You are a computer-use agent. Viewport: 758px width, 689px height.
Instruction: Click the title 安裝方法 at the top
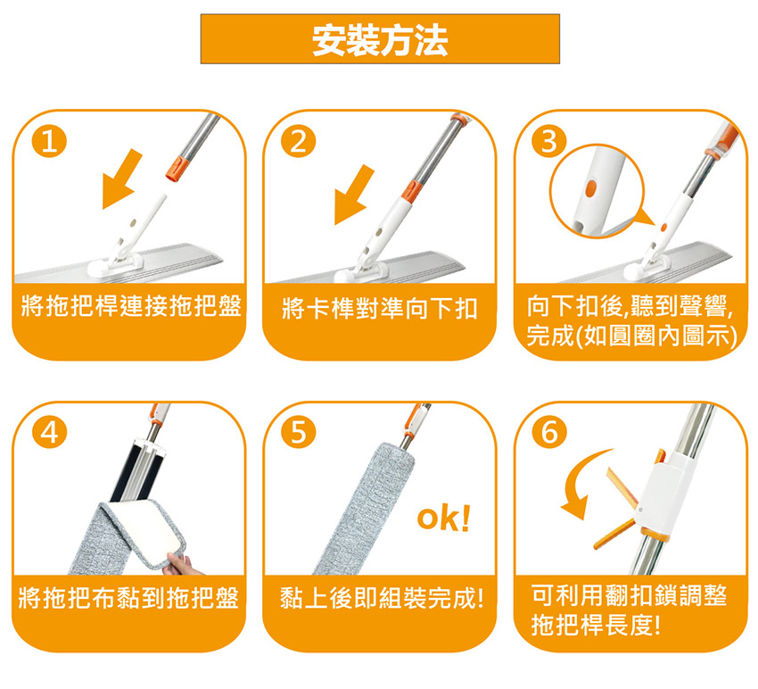(380, 40)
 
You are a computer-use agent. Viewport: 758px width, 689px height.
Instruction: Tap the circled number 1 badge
(49, 142)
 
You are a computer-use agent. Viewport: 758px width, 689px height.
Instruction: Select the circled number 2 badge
(300, 142)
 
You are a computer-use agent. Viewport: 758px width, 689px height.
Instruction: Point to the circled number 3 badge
(549, 142)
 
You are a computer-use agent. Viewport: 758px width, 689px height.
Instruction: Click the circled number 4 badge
(49, 432)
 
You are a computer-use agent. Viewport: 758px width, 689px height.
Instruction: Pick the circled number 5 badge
(300, 432)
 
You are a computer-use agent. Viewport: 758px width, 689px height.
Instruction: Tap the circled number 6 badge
(549, 432)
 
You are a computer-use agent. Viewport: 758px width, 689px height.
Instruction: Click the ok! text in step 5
(443, 519)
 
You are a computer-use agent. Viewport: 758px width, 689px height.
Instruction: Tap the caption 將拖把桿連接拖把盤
(130, 306)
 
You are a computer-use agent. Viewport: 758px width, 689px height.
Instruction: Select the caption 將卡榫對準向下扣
(380, 308)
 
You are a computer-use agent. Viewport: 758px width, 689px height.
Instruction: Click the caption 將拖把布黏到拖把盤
(128, 598)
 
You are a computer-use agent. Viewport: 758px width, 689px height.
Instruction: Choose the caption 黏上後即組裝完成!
(382, 598)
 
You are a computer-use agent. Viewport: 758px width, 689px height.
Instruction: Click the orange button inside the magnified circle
(590, 188)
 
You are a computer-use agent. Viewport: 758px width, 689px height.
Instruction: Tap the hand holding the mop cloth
(180, 565)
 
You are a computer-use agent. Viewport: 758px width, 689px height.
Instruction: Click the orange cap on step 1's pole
(177, 168)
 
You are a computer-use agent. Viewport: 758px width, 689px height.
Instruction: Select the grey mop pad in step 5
(366, 508)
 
